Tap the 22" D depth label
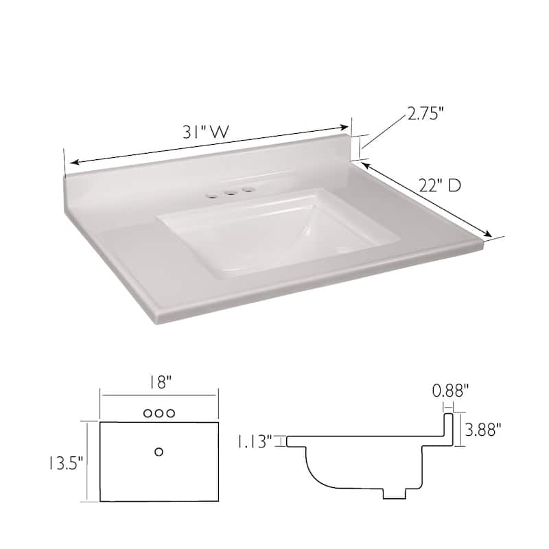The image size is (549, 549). click(x=439, y=185)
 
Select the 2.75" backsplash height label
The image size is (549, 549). click(x=425, y=114)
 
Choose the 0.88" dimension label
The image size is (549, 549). click(x=451, y=391)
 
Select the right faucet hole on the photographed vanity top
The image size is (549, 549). click(x=246, y=189)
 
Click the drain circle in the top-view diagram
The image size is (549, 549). click(x=159, y=451)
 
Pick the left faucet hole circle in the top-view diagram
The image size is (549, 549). click(x=147, y=413)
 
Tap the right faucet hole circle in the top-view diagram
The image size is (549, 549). click(x=171, y=413)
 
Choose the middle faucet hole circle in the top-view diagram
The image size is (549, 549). click(x=159, y=413)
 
